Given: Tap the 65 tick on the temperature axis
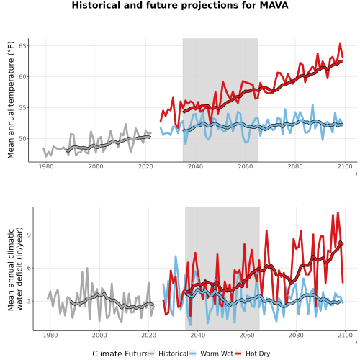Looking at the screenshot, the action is (x=22, y=46).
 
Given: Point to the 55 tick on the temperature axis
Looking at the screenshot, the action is (x=22, y=108).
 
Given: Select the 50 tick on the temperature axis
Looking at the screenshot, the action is (x=22, y=139).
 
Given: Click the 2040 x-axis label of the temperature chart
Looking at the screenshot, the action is (x=195, y=166).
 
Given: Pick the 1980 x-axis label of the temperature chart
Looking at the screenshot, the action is (x=46, y=166).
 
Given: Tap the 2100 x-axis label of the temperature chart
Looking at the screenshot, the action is (x=345, y=166).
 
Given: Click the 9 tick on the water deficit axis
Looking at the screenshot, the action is (x=30, y=235).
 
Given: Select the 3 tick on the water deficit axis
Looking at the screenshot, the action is (x=30, y=301).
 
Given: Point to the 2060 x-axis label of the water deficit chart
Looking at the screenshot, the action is (x=247, y=335).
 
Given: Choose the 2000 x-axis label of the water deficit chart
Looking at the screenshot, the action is (x=99, y=335).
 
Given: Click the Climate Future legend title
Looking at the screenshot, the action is (x=120, y=354).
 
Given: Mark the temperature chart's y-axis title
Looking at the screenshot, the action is (x=11, y=100).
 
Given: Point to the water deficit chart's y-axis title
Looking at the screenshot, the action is (x=15, y=269).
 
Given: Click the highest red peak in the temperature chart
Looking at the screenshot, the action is (x=340, y=44).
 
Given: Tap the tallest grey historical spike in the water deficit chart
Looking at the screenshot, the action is (x=87, y=268).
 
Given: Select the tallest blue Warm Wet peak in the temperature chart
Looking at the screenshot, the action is (x=312, y=104).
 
